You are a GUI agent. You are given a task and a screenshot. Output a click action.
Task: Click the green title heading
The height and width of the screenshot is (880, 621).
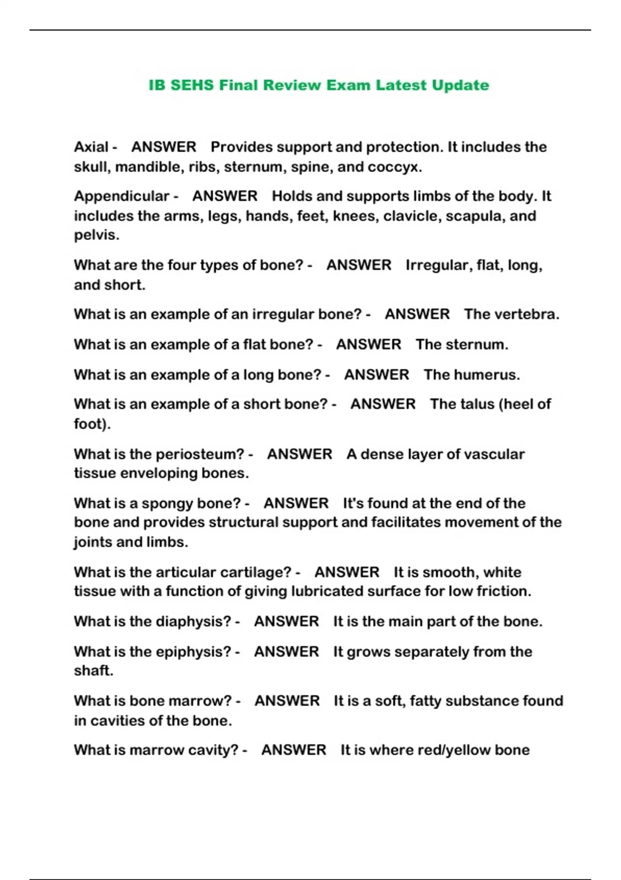pos(319,85)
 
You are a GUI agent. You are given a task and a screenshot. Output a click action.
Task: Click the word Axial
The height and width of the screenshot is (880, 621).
pos(91,147)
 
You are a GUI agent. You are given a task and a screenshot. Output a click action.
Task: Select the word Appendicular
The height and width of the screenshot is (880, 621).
pos(122,196)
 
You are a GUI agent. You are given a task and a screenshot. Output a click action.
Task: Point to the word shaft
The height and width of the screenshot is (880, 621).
pos(93,670)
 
